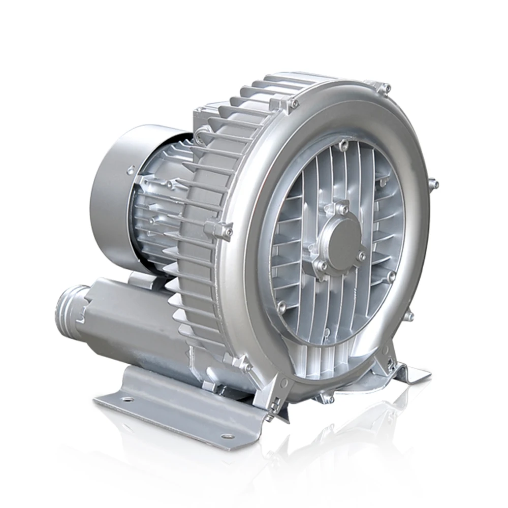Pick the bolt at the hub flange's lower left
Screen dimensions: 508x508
click(x=322, y=266)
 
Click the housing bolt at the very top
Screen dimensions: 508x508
click(x=385, y=87)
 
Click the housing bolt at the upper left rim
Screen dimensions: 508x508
click(x=292, y=104)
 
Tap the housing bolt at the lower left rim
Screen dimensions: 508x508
click(x=245, y=364)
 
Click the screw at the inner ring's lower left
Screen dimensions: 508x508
click(x=281, y=306)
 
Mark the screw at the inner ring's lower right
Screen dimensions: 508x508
click(x=391, y=277)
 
